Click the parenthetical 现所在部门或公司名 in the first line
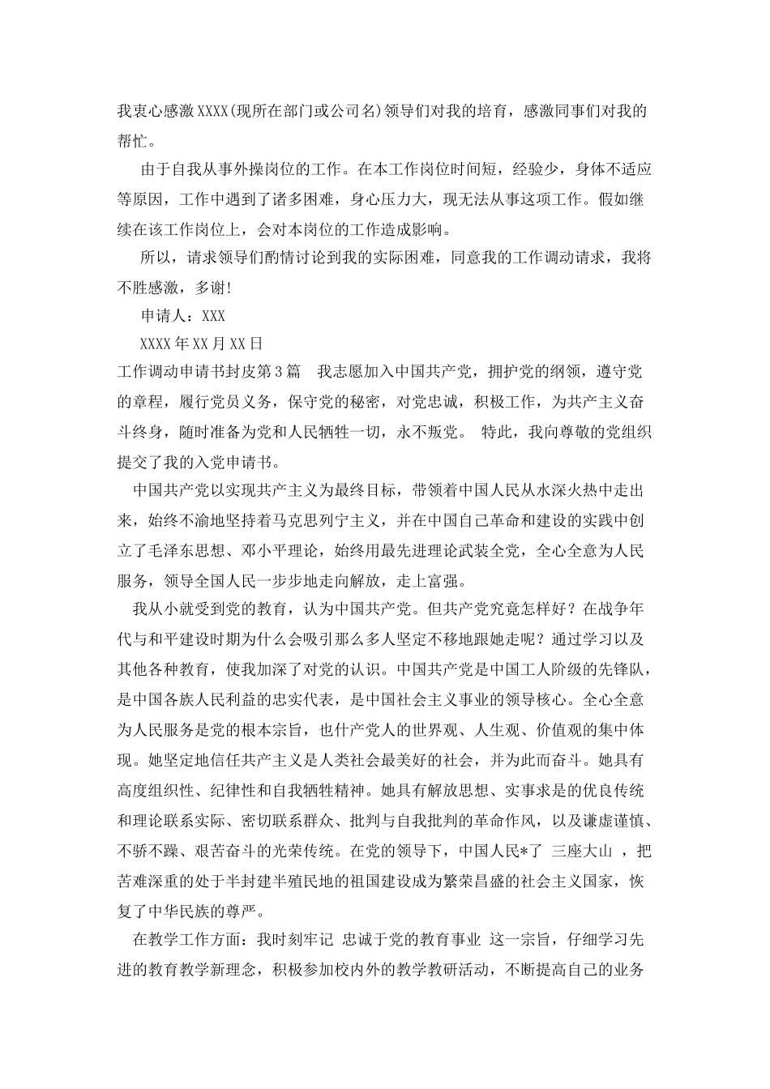click(306, 111)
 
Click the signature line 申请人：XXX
click(182, 316)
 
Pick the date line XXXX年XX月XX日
click(201, 345)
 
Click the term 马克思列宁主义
click(322, 520)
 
